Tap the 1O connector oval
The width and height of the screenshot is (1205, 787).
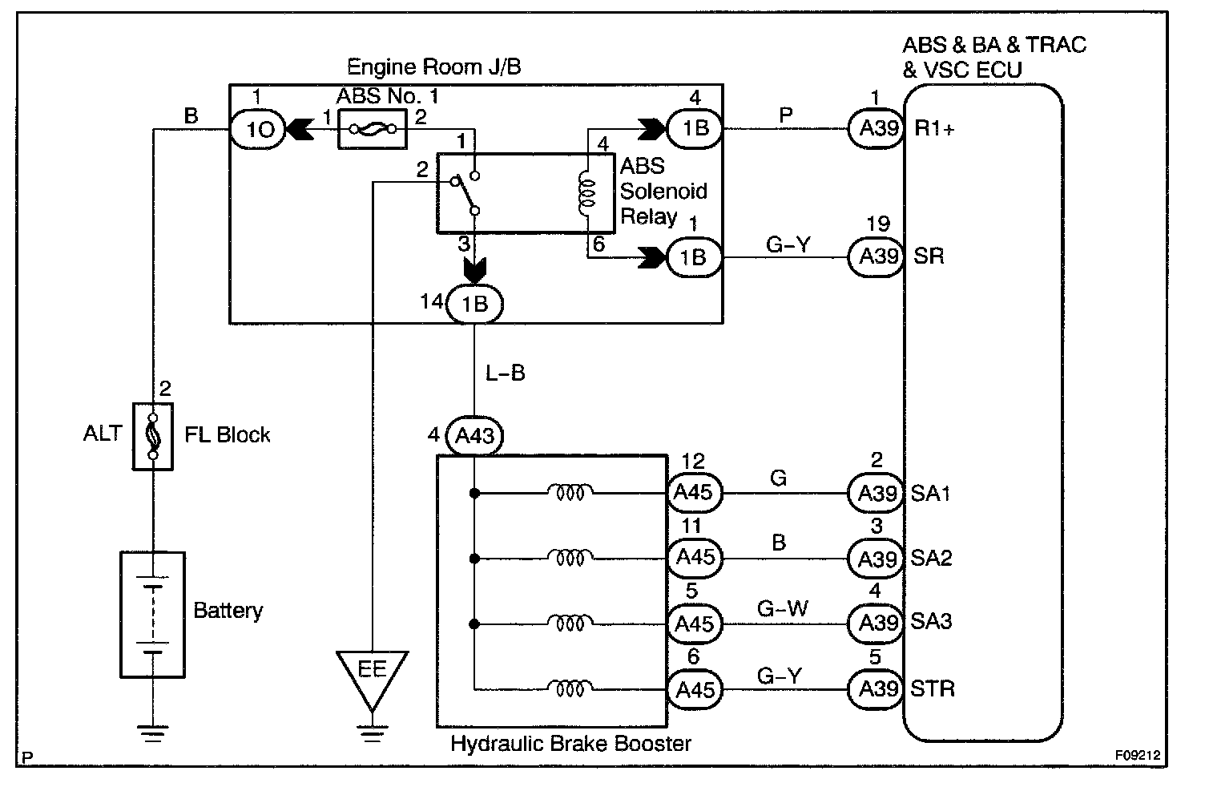(258, 129)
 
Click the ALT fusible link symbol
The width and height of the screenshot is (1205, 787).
(152, 435)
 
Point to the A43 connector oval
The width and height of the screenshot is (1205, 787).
(475, 437)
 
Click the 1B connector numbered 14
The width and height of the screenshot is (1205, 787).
(475, 305)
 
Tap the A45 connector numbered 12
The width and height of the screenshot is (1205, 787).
(694, 492)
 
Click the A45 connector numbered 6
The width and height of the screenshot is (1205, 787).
(694, 689)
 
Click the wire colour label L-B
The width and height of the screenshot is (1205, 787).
(505, 373)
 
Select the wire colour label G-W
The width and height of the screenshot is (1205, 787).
(782, 609)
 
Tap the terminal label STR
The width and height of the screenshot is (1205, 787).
(933, 689)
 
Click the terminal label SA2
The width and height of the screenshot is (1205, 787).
(931, 558)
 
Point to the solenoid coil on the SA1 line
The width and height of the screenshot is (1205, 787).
(570, 492)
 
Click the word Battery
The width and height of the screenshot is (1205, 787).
(228, 611)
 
